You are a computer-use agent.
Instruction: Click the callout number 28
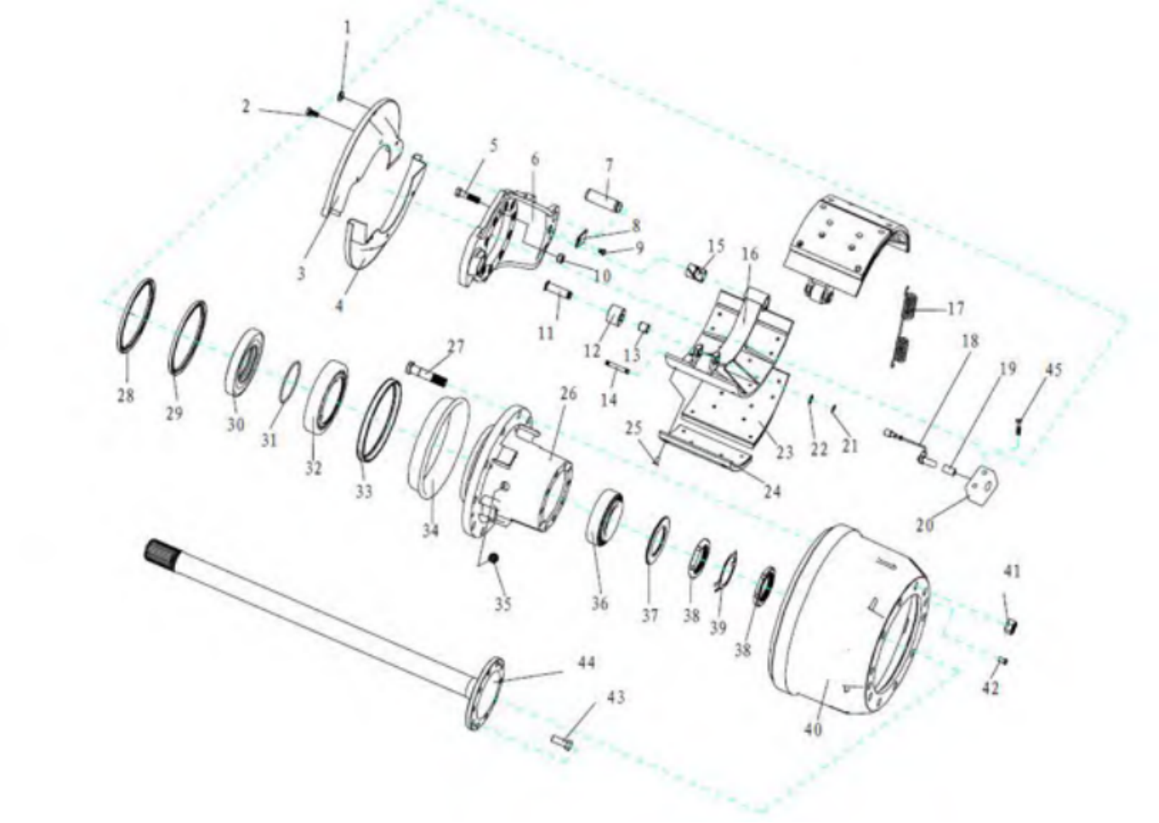pos(126,396)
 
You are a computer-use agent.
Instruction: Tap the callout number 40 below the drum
pos(813,729)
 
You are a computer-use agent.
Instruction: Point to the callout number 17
pos(955,309)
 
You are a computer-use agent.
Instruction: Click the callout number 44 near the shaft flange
pos(586,663)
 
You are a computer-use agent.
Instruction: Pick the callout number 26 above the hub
pos(568,394)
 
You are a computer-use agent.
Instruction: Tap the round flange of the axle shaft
pos(486,693)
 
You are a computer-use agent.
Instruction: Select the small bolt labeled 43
pos(562,744)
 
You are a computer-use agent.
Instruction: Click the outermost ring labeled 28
pos(135,316)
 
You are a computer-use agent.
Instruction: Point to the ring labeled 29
pos(189,337)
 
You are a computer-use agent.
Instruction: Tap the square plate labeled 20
pos(981,486)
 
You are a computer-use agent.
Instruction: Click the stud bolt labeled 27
pos(427,373)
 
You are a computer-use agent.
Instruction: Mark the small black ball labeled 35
pos(493,557)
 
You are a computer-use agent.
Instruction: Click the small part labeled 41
pos(1011,626)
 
